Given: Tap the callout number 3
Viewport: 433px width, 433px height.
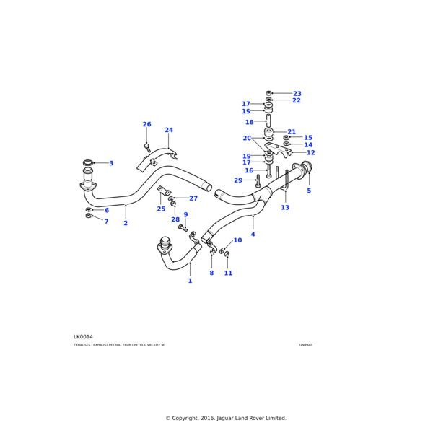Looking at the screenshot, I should point(111,163).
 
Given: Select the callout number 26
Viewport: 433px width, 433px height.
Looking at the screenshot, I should point(146,124).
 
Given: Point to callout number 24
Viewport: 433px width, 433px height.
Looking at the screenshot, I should point(169,131).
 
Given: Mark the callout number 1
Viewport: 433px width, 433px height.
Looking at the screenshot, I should point(190,281).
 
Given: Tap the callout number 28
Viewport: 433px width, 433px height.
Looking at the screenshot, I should point(175,219).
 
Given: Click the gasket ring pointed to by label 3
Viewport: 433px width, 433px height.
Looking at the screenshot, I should point(88,163).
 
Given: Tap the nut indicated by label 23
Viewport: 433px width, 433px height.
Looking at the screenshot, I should point(269,93).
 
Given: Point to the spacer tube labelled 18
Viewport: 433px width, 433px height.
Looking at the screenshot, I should point(268,121).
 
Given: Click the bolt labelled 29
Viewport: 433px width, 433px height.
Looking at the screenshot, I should point(258,180).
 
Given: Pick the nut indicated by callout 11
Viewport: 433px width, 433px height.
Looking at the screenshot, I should point(227,254).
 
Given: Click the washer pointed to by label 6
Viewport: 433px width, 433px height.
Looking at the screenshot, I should point(89,209).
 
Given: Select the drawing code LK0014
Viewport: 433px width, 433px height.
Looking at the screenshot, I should point(83,336).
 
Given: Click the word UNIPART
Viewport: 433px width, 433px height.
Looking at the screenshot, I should point(306,345).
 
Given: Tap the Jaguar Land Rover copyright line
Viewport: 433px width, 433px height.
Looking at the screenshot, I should point(226,418).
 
